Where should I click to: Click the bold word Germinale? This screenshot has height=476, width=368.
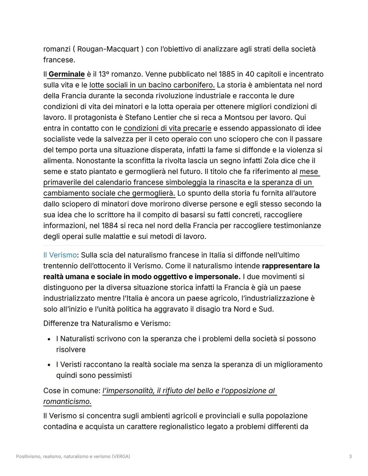(x=66, y=74)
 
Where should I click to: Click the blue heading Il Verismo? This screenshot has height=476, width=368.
(x=60, y=255)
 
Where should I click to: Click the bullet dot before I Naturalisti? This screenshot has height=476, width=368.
(x=49, y=339)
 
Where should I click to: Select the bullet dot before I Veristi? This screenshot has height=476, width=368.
(x=49, y=365)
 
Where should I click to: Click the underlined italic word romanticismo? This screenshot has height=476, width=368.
(x=67, y=402)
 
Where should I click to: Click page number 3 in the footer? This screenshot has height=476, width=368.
(x=350, y=457)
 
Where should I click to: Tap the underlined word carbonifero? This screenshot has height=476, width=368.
(x=194, y=85)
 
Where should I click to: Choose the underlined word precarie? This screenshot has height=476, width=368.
(x=197, y=128)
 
